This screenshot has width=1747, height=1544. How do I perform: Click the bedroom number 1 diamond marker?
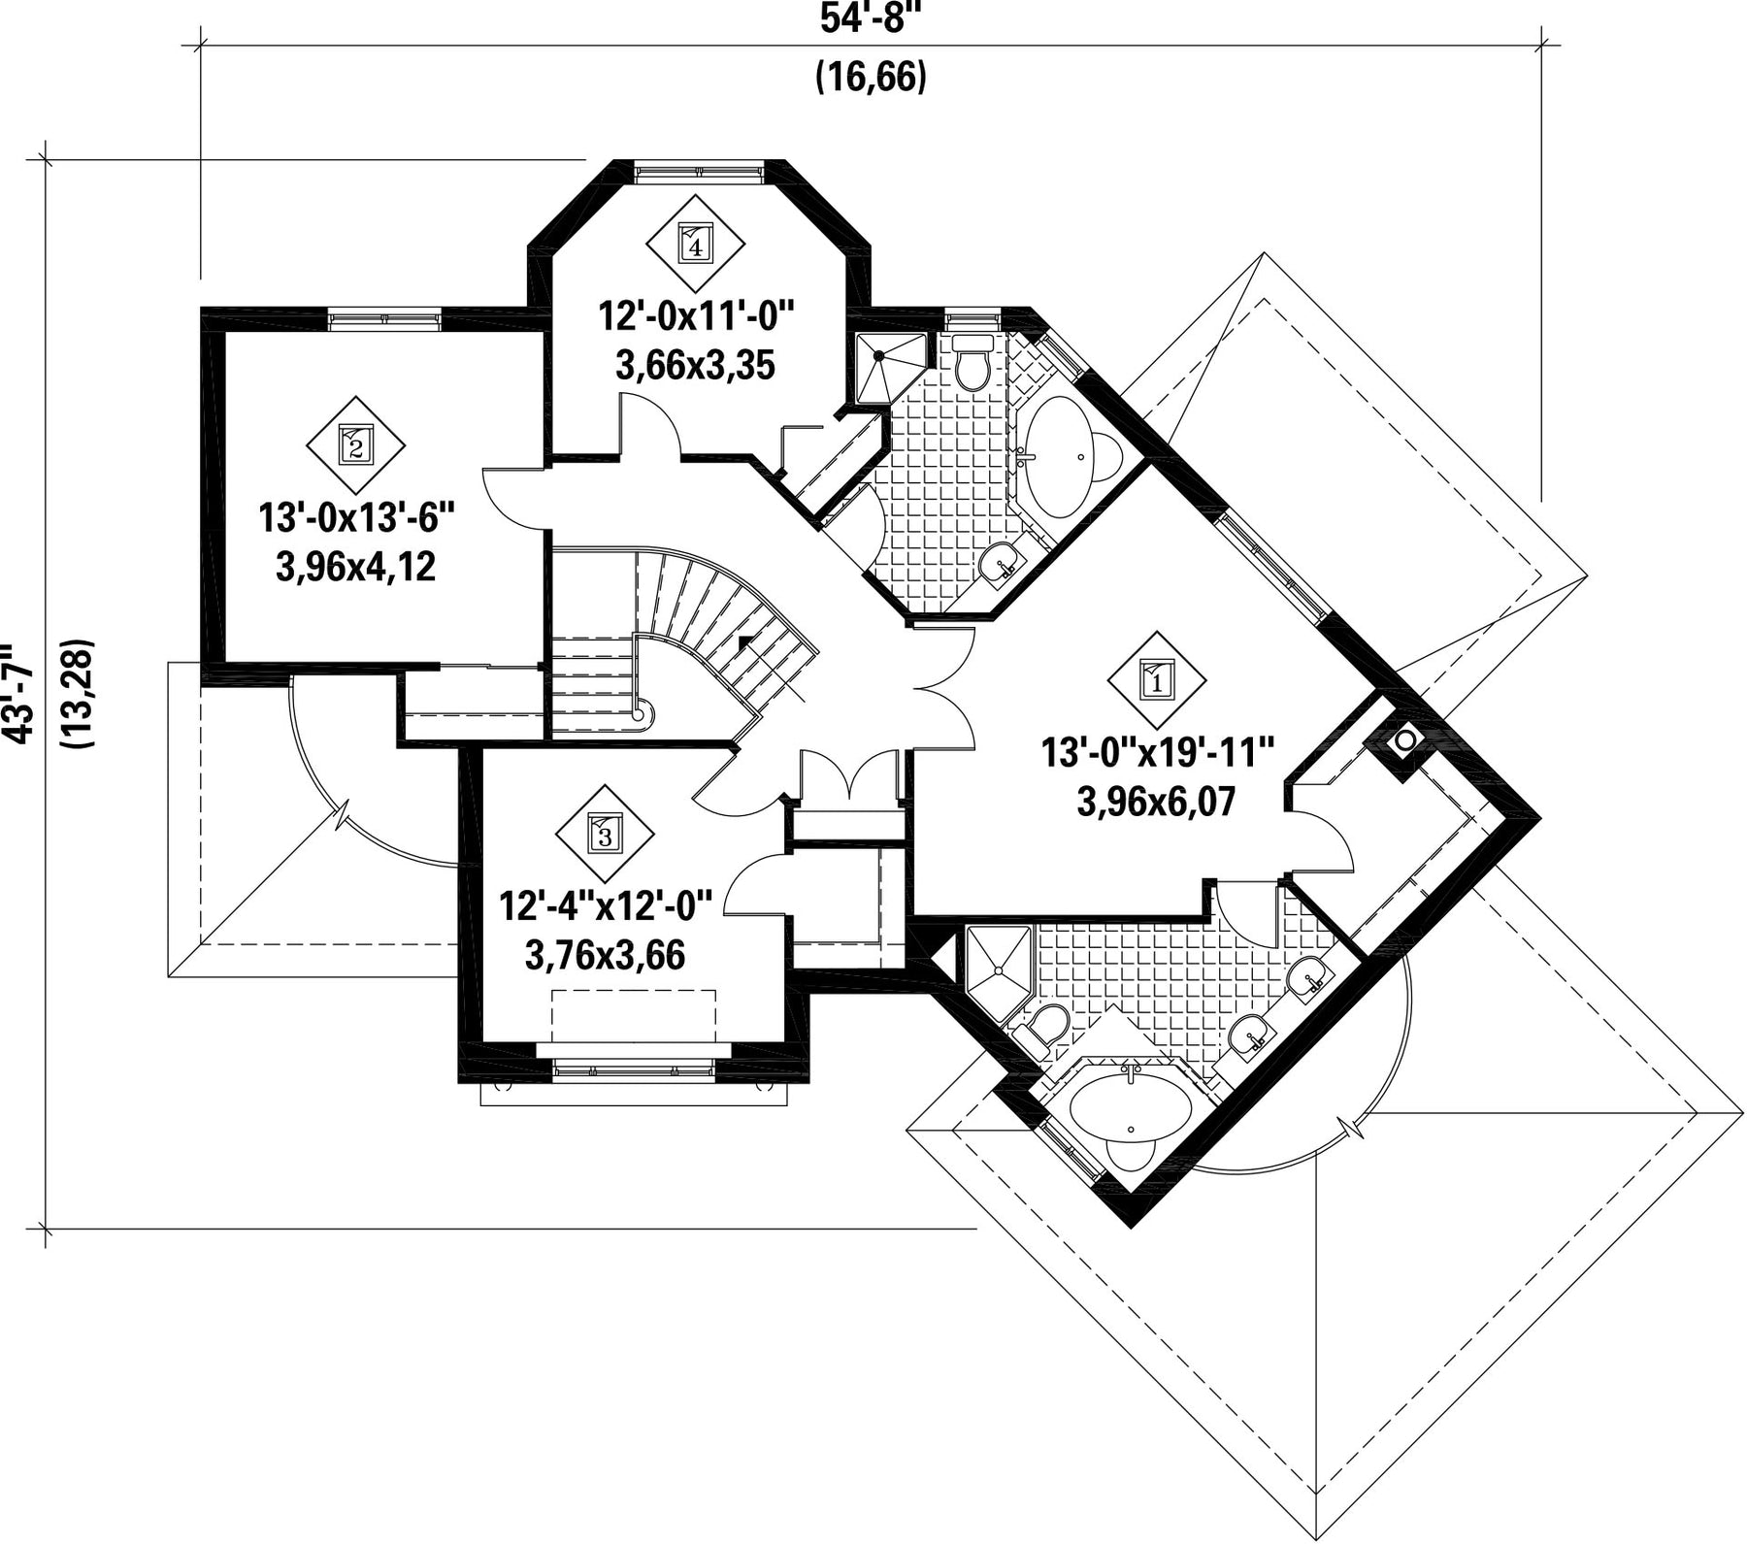[x=1157, y=679]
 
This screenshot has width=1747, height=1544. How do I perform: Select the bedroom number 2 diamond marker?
[x=355, y=445]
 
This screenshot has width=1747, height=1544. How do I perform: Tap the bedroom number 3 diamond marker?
[x=605, y=834]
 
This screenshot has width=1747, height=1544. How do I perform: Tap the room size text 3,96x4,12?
[x=355, y=567]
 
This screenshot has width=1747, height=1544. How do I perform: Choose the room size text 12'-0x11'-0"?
[x=695, y=317]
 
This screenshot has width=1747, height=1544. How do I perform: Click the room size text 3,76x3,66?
[x=605, y=955]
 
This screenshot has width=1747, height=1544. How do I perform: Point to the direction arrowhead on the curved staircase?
[x=743, y=641]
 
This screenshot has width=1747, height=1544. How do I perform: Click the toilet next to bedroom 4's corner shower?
[x=971, y=361]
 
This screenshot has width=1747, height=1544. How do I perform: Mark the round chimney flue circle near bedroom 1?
[x=1405, y=741]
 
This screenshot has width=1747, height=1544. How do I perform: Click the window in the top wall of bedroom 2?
[x=385, y=319]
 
